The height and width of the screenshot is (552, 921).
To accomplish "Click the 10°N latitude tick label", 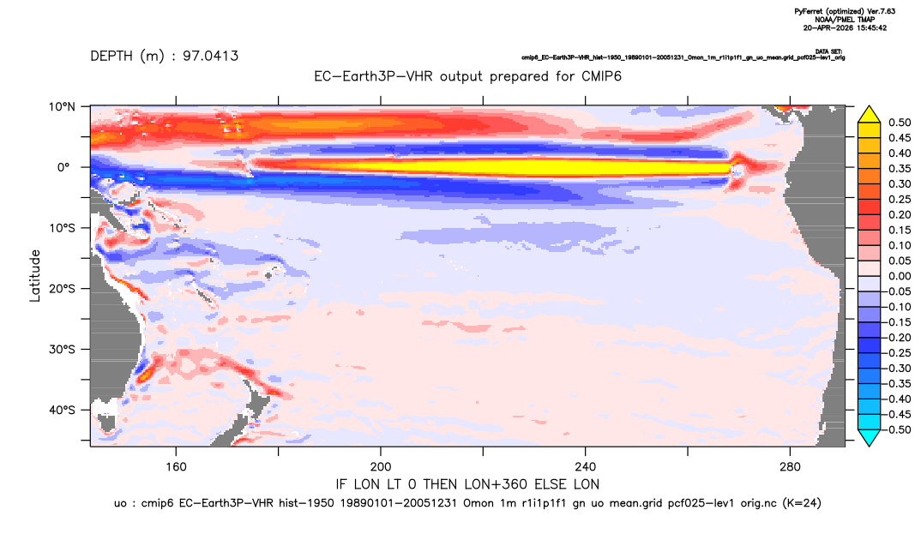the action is [x=62, y=106].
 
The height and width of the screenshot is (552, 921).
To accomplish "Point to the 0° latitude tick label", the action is [x=63, y=167].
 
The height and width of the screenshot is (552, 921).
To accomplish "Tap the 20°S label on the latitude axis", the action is [x=62, y=288].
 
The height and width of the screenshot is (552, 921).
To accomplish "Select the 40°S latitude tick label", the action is [x=62, y=410].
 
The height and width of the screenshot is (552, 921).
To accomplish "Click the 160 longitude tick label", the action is [x=176, y=467].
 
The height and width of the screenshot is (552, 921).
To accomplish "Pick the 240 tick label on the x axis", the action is [x=586, y=467].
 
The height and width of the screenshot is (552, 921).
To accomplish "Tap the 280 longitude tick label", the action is [x=790, y=467].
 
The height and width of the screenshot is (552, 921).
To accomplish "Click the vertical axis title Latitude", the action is [x=35, y=276].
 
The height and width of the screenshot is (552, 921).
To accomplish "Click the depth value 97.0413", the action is [x=210, y=57].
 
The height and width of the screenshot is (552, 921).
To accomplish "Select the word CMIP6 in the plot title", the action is [x=601, y=76].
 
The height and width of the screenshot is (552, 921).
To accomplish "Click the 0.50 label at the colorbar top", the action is [x=900, y=123].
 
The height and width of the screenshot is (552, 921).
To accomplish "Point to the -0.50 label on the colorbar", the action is [x=898, y=429].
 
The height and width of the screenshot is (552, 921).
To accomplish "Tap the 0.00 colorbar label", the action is [x=900, y=276].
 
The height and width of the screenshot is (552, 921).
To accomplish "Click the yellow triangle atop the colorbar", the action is [x=869, y=115].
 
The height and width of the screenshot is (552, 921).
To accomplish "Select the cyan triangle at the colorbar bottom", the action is [x=869, y=438].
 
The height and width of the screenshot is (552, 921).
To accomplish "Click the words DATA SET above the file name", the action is [x=828, y=51].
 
